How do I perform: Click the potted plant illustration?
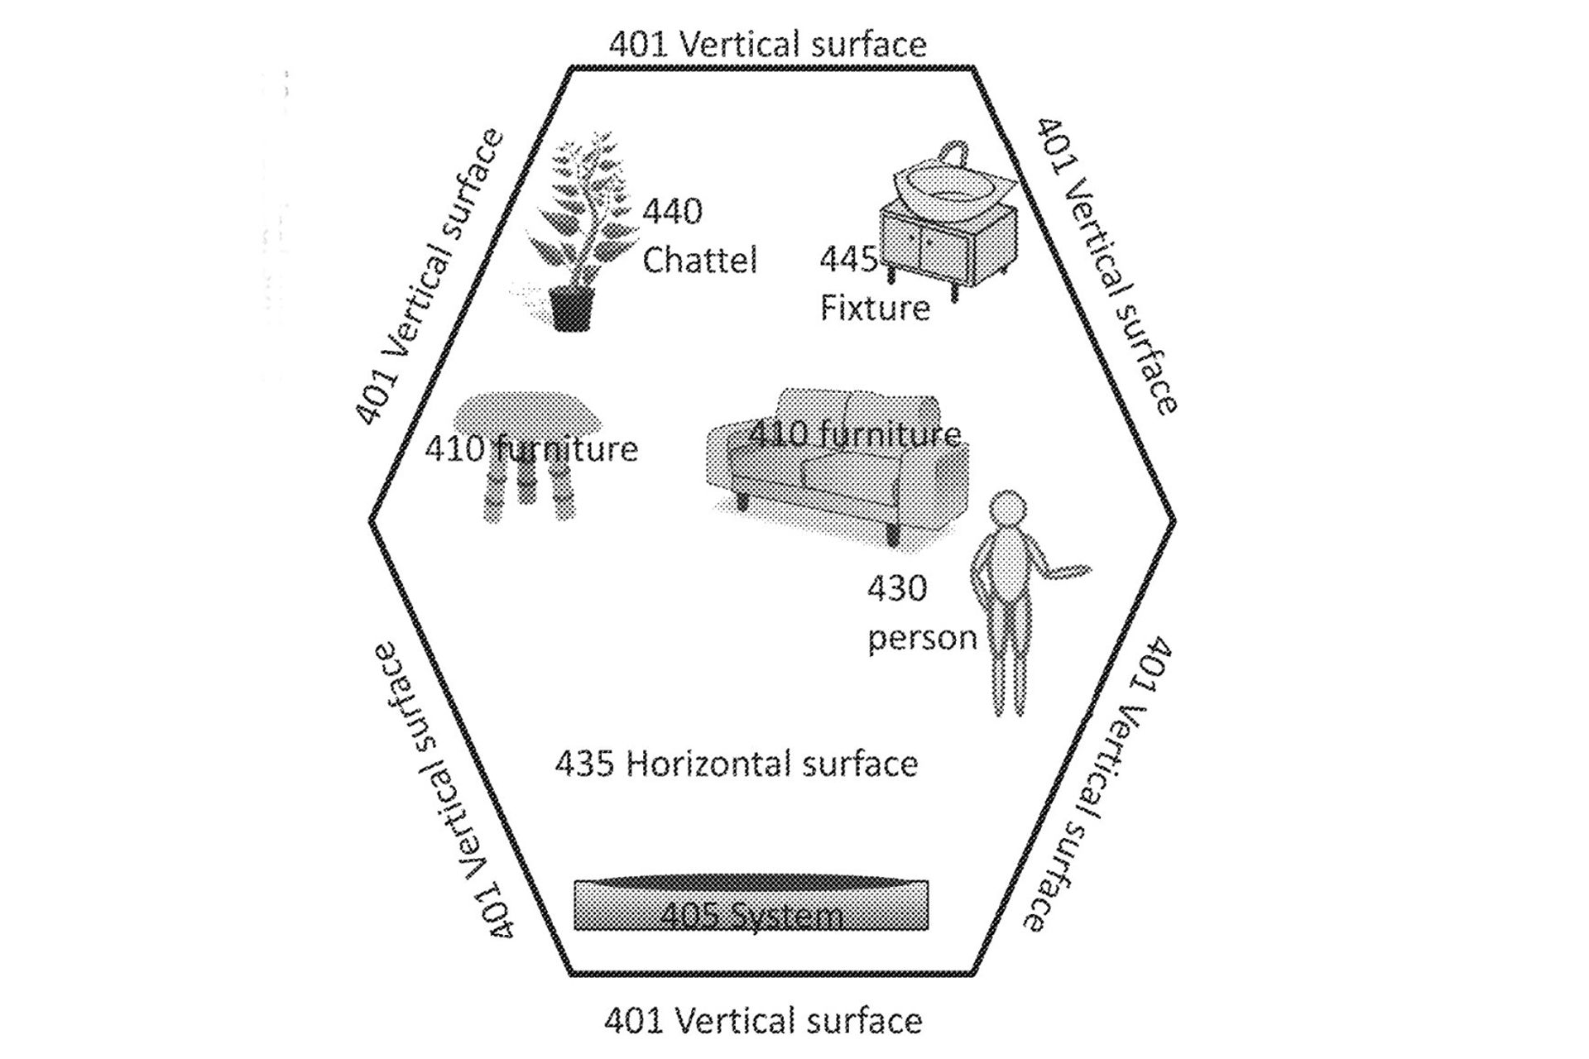click(579, 223)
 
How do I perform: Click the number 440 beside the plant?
click(673, 212)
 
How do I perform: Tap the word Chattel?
click(699, 260)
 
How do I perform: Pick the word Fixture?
click(875, 308)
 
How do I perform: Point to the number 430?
click(897, 588)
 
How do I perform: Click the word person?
click(922, 637)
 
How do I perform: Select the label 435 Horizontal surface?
click(736, 764)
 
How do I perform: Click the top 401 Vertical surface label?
click(767, 44)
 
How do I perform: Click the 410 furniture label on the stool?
click(531, 449)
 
